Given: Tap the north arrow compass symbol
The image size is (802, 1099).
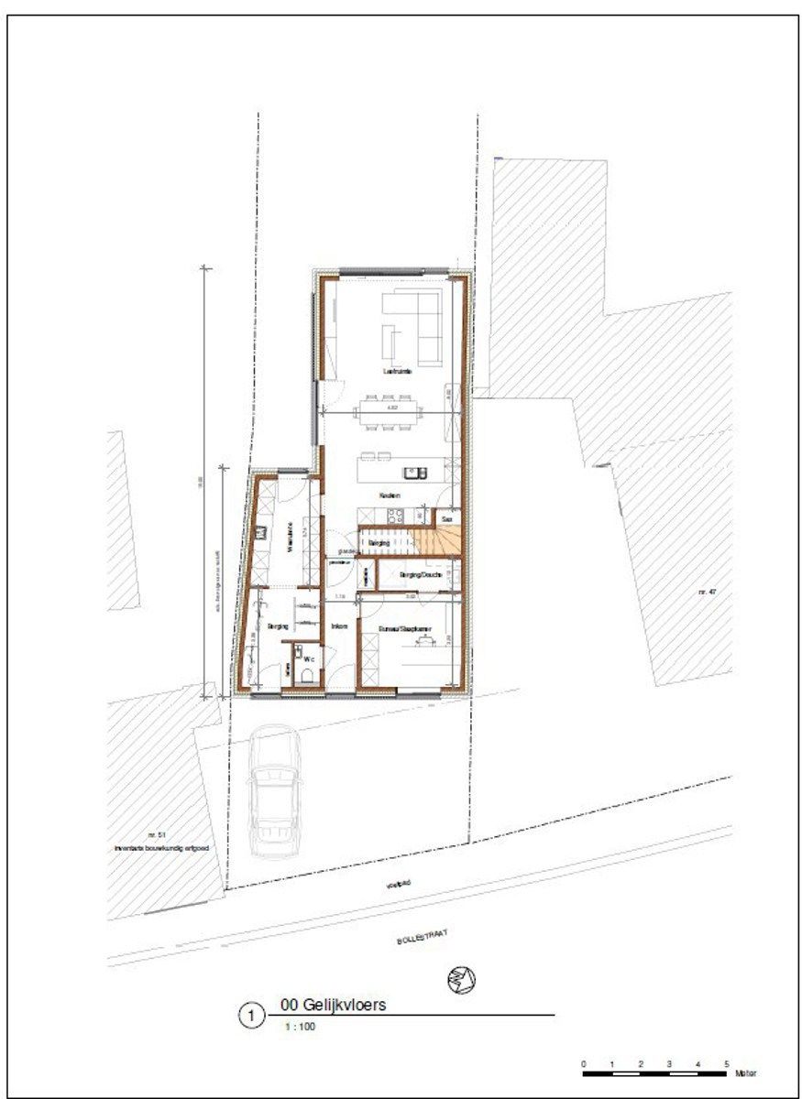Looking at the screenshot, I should tap(462, 980).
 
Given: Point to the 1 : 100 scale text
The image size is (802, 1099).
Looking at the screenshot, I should tap(297, 1027).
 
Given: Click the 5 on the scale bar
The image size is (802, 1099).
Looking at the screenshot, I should tap(727, 1063).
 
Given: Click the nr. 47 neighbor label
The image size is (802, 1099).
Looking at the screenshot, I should tap(706, 593).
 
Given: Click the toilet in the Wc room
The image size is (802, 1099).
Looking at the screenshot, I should tap(308, 676).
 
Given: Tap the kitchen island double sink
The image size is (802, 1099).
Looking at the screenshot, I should tap(415, 473).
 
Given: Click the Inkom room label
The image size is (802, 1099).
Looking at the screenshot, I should tap(338, 626).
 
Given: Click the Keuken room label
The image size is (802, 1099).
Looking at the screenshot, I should tap(391, 495).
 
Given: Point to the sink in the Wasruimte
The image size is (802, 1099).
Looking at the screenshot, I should tap(261, 531).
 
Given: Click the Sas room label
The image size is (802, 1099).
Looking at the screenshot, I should tap(446, 518).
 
